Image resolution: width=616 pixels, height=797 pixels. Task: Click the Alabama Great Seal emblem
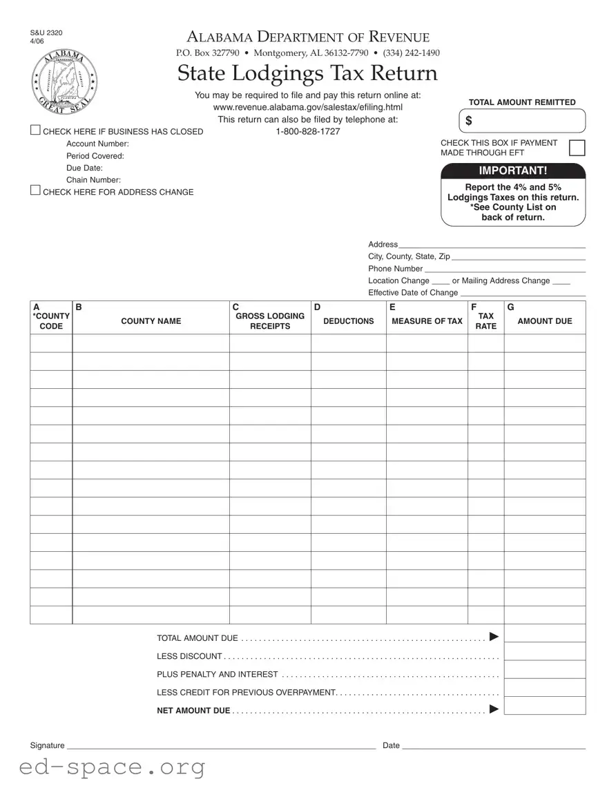[x=64, y=82]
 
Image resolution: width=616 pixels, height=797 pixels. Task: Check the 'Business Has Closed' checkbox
[x=35, y=131]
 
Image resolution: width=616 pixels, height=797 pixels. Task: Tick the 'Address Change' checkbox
[x=35, y=191]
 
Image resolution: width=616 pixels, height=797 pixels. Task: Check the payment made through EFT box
[x=577, y=148]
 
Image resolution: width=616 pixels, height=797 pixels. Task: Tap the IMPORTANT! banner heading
[x=513, y=171]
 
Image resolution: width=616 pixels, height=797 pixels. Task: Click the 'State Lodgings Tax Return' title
[x=307, y=73]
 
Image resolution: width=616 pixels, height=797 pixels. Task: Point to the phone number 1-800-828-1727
[x=308, y=131]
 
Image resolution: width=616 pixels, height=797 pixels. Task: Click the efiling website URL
[x=308, y=107]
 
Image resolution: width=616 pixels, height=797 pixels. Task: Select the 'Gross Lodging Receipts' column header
[x=269, y=321]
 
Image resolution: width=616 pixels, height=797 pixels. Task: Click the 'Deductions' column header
[x=348, y=321]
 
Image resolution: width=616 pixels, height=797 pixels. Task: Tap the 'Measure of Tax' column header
[x=427, y=321]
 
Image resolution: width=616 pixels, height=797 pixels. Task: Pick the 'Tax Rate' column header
[x=485, y=321]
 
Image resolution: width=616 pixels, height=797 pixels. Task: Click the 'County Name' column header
[x=151, y=321]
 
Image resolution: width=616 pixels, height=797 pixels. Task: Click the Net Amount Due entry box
[x=544, y=706]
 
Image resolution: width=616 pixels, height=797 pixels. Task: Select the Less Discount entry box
[x=544, y=652]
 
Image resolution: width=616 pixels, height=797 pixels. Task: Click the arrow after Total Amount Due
[x=494, y=637]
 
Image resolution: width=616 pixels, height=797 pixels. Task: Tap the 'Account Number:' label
[x=97, y=144]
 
